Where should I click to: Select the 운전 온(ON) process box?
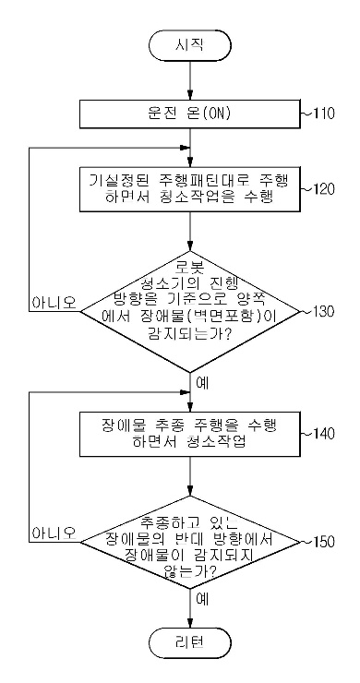[188, 114]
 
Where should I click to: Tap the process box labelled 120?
[188, 187]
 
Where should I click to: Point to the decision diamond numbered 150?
[188, 543]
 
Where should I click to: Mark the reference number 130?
[322, 312]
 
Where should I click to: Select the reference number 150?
[322, 543]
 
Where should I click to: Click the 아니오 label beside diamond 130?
[53, 302]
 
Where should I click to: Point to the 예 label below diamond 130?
[204, 380]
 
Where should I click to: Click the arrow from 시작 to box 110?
[188, 81]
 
